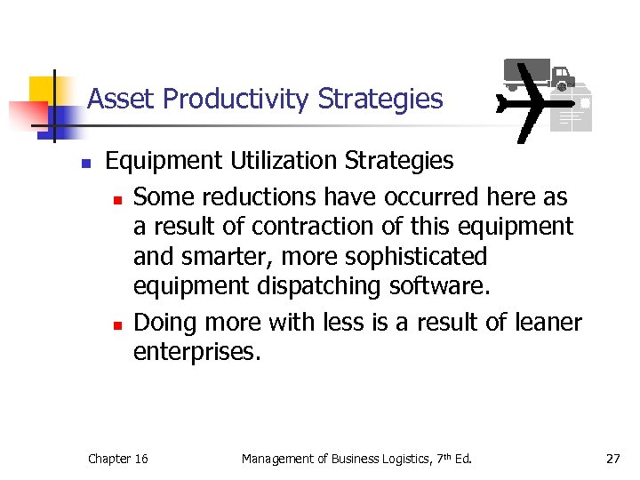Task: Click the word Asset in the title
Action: click(x=118, y=99)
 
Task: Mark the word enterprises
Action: click(x=197, y=353)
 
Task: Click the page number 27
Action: click(x=612, y=459)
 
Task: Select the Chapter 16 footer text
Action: click(x=118, y=459)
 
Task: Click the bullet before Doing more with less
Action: click(x=116, y=324)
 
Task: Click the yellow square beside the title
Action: click(x=42, y=90)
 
